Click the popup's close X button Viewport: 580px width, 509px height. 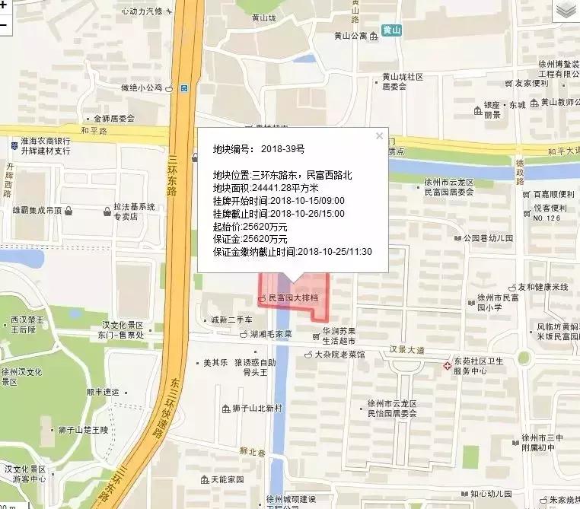(379, 136)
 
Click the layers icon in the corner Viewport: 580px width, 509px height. (566, 10)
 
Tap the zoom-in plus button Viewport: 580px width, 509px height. (4, 6)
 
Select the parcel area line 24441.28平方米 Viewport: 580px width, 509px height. (266, 188)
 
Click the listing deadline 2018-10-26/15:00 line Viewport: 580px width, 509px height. (279, 214)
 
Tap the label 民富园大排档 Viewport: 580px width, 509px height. (298, 298)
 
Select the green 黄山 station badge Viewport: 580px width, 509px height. (392, 30)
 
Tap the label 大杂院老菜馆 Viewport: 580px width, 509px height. (339, 355)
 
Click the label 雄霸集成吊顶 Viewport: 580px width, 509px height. (36, 210)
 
